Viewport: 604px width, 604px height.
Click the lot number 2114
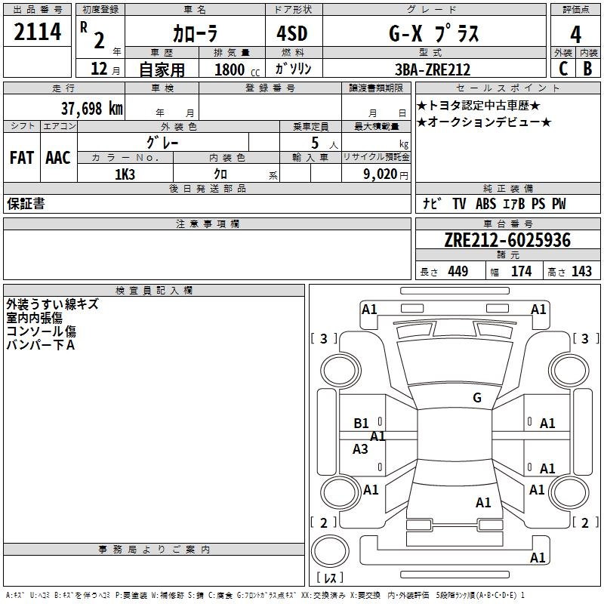(38, 32)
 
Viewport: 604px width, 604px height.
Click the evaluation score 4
(575, 34)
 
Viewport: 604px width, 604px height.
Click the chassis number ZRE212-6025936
(507, 241)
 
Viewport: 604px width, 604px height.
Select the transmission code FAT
(21, 158)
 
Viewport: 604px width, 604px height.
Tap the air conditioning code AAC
(58, 158)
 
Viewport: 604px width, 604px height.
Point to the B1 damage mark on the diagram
(362, 424)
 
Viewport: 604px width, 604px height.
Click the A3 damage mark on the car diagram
(361, 449)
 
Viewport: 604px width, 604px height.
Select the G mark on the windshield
(476, 398)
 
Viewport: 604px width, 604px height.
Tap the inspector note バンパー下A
(41, 345)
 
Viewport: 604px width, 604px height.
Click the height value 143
(581, 272)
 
